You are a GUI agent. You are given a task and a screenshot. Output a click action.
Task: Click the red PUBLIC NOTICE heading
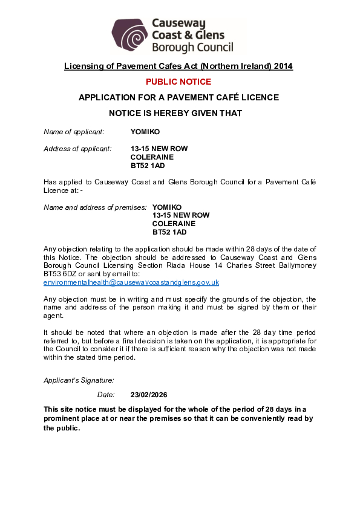[178, 82]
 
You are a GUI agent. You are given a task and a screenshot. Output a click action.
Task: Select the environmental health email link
[131, 282]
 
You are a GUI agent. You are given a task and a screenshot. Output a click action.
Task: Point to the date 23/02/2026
[148, 395]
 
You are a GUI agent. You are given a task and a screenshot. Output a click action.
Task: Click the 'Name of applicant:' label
[74, 131]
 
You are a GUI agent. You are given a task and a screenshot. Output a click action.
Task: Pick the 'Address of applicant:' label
[77, 148]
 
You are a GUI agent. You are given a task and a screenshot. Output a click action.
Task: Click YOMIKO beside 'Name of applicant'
[145, 131]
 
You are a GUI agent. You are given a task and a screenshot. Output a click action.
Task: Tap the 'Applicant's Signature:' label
[79, 380]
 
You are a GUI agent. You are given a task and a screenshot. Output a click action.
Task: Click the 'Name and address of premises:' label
[95, 207]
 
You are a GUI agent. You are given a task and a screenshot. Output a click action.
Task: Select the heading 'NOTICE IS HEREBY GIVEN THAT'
[175, 113]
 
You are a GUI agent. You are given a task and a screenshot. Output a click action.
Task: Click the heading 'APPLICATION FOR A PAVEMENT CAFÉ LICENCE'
[178, 97]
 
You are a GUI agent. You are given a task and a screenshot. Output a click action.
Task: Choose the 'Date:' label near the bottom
[106, 395]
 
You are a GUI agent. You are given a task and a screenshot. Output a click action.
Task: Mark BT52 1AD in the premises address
[169, 232]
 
